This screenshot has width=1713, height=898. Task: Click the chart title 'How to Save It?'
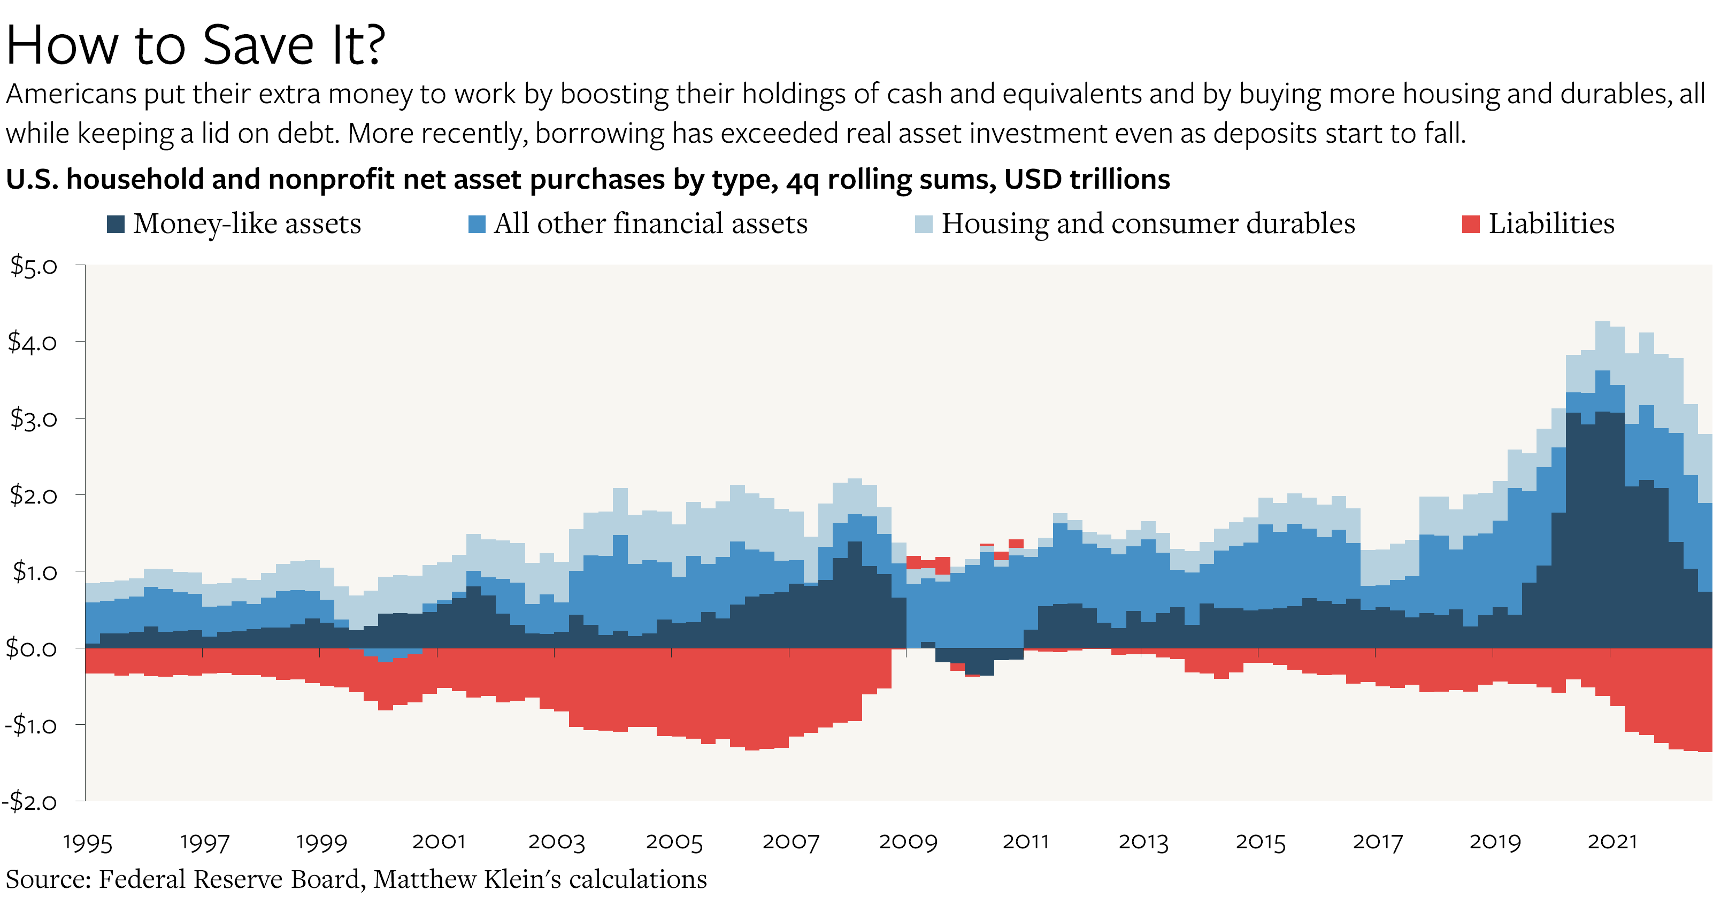pos(196,45)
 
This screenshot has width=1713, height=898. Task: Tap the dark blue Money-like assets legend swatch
pos(116,224)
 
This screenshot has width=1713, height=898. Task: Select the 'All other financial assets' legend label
pos(650,224)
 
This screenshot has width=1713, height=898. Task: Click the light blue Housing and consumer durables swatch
pos(924,224)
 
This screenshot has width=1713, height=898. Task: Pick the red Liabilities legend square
pos(1471,224)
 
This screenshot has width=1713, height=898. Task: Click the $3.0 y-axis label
pos(33,418)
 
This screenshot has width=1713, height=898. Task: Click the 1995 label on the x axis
pos(87,842)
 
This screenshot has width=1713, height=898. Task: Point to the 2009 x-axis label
pos(908,842)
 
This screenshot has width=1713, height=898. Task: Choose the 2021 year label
pos(1612,842)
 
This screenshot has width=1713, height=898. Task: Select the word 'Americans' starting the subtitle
pos(71,95)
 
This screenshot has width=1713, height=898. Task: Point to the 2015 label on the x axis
pos(1260,842)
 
